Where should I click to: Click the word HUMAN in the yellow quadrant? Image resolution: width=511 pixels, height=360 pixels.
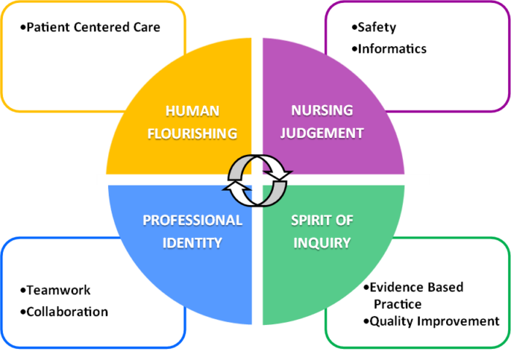192,111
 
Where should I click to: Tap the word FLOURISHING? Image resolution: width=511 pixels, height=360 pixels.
192,134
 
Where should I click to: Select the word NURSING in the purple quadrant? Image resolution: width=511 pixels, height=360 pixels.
322,110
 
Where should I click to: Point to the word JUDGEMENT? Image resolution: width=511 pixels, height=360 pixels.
322,133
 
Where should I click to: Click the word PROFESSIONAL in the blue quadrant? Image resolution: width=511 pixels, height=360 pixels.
192,220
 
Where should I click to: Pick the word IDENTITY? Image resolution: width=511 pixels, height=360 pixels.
192,243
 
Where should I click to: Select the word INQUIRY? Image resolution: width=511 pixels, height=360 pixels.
322,243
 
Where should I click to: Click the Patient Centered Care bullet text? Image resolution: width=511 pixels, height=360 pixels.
93,27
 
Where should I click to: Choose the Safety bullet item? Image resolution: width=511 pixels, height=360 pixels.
377,28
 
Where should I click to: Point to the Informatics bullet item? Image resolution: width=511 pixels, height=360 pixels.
392,49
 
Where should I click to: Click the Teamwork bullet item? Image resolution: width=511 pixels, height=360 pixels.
58,290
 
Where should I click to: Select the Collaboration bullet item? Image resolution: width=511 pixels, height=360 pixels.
67,312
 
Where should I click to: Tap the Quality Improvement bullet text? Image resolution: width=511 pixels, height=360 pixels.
434,321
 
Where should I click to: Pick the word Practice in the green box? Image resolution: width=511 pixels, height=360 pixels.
398,305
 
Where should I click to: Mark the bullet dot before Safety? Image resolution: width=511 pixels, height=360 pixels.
354,28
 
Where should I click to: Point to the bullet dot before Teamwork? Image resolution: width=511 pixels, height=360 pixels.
23,291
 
